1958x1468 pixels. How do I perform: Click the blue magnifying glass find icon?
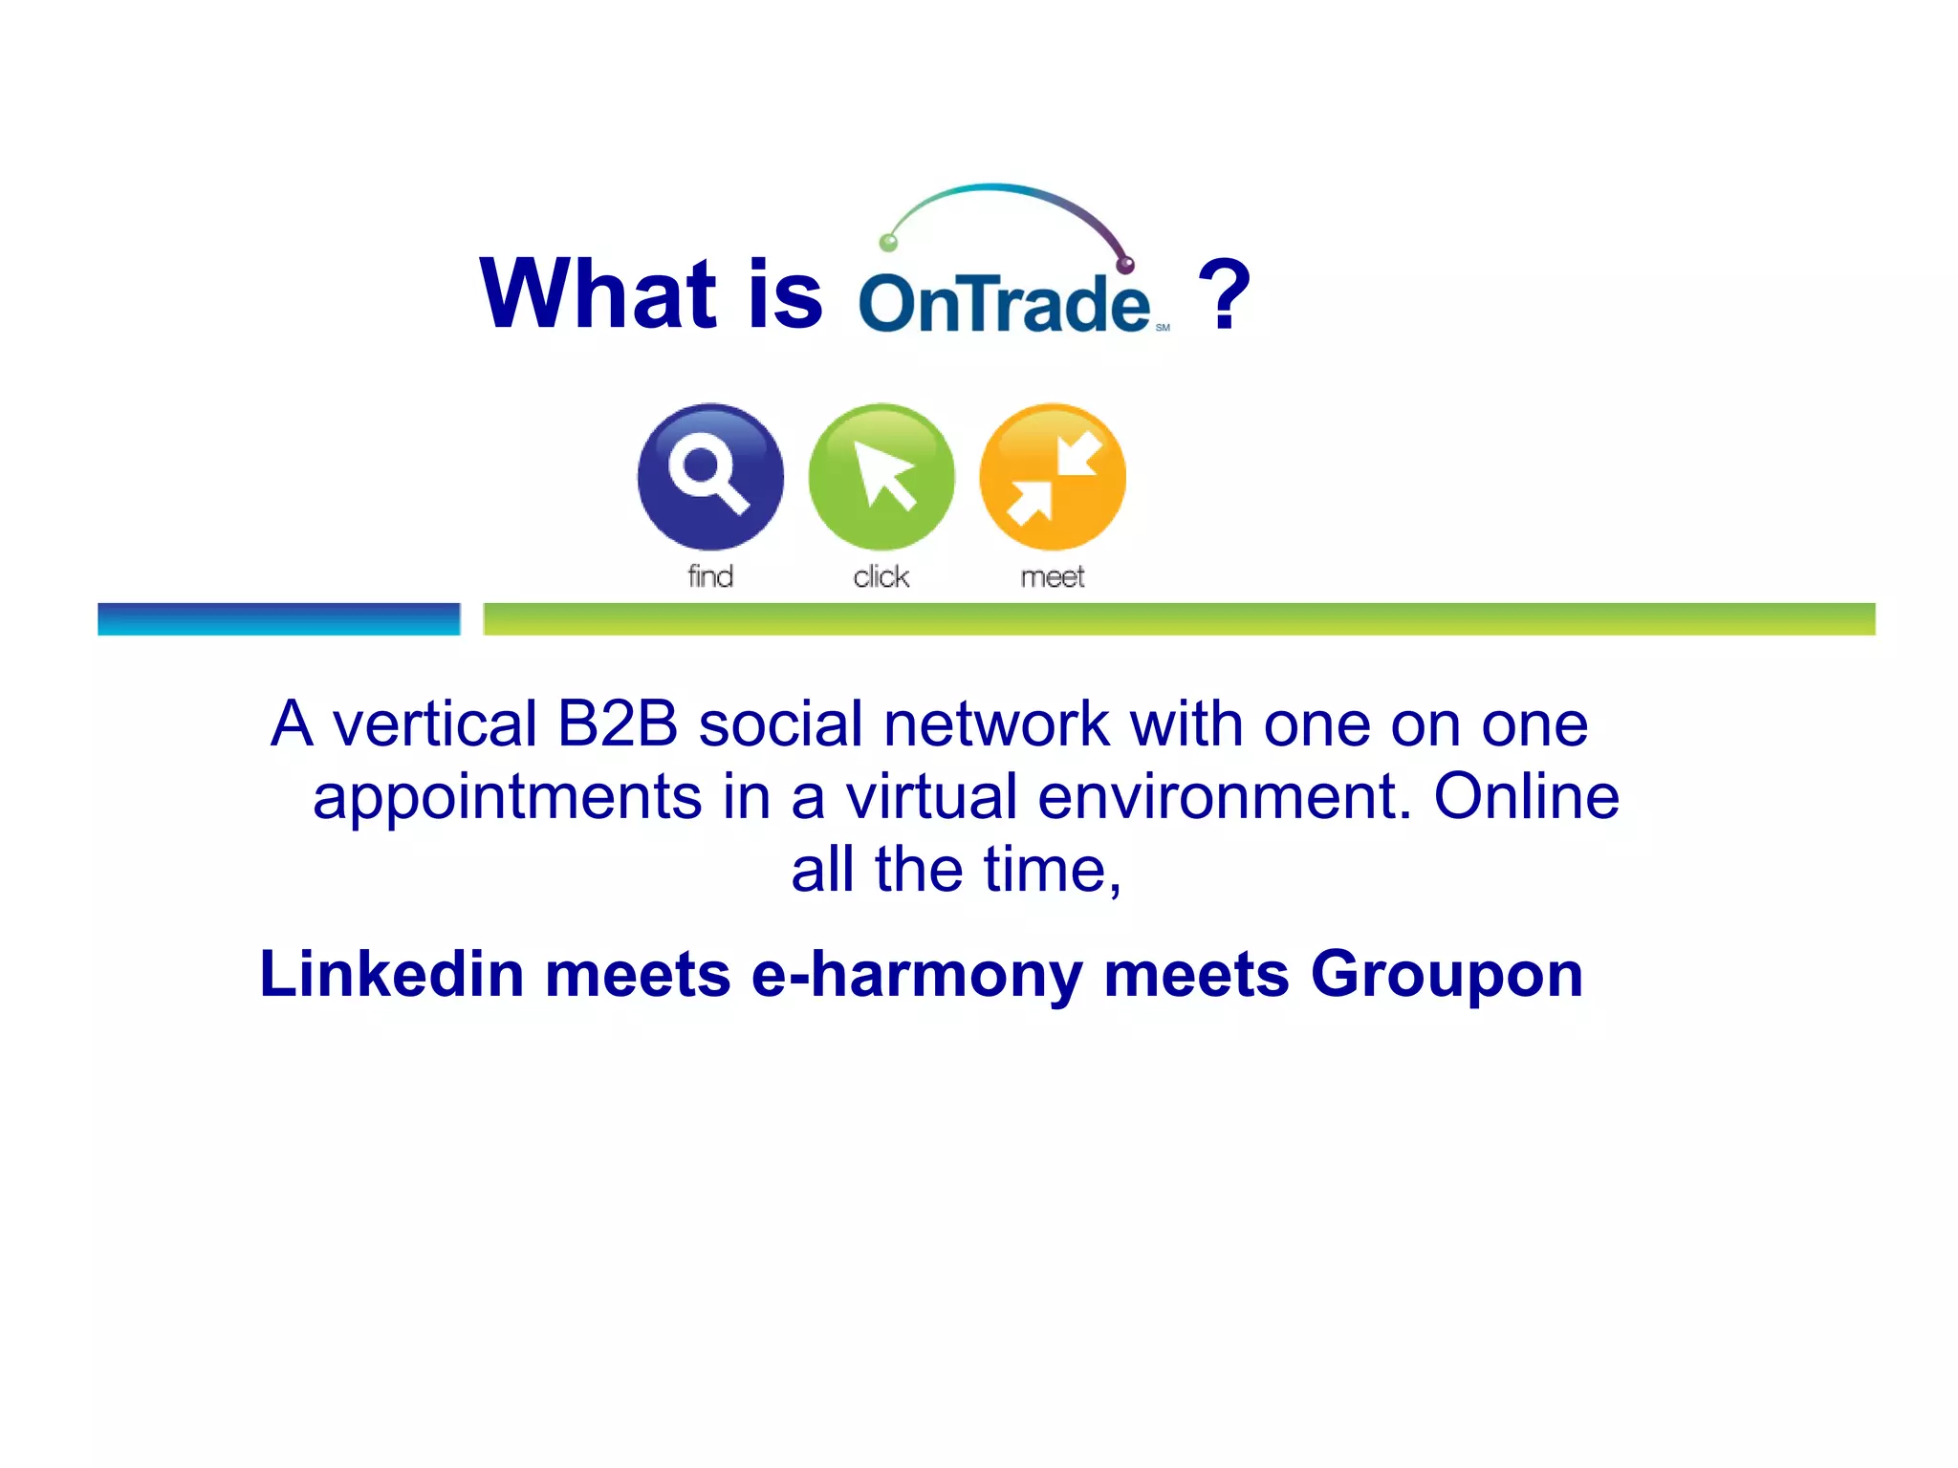710,476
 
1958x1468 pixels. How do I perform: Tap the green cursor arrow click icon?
881,476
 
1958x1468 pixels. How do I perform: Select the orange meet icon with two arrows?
1053,476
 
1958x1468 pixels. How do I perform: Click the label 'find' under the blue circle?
710,576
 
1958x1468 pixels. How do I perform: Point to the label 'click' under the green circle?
881,576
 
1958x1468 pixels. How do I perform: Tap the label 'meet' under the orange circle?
1053,577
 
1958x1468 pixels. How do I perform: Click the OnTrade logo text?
1004,304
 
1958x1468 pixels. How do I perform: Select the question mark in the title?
1224,296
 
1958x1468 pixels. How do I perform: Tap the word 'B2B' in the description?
618,723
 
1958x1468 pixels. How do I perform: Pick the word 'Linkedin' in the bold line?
392,974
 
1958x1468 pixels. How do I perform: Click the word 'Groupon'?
1447,976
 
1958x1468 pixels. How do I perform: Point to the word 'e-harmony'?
917,976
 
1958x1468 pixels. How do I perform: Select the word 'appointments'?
507,798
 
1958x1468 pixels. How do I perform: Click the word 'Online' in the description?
1526,796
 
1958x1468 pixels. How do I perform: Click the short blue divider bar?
278,618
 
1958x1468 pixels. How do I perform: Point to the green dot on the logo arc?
888,242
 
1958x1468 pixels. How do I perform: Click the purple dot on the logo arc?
1126,264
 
